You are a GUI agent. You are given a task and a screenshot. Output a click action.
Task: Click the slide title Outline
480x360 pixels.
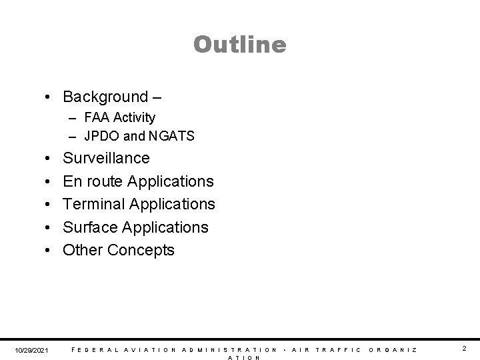pyautogui.click(x=240, y=45)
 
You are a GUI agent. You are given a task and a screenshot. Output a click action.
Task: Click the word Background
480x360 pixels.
pyautogui.click(x=104, y=97)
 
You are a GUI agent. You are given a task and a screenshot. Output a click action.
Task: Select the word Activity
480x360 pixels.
pyautogui.click(x=135, y=118)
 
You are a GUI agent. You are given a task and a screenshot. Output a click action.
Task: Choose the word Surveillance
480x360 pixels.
pyautogui.click(x=107, y=159)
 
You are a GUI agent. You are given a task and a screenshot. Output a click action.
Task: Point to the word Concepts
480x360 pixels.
pyautogui.click(x=141, y=250)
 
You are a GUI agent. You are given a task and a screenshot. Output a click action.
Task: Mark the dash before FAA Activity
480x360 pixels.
pyautogui.click(x=71, y=118)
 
